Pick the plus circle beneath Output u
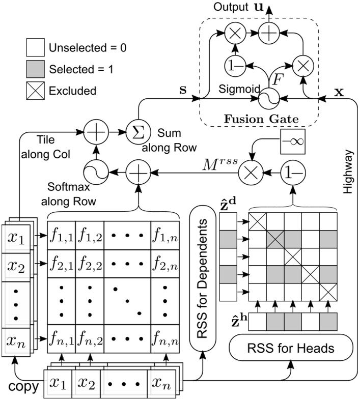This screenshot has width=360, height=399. (x=266, y=34)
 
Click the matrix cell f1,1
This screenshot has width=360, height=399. (x=61, y=235)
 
